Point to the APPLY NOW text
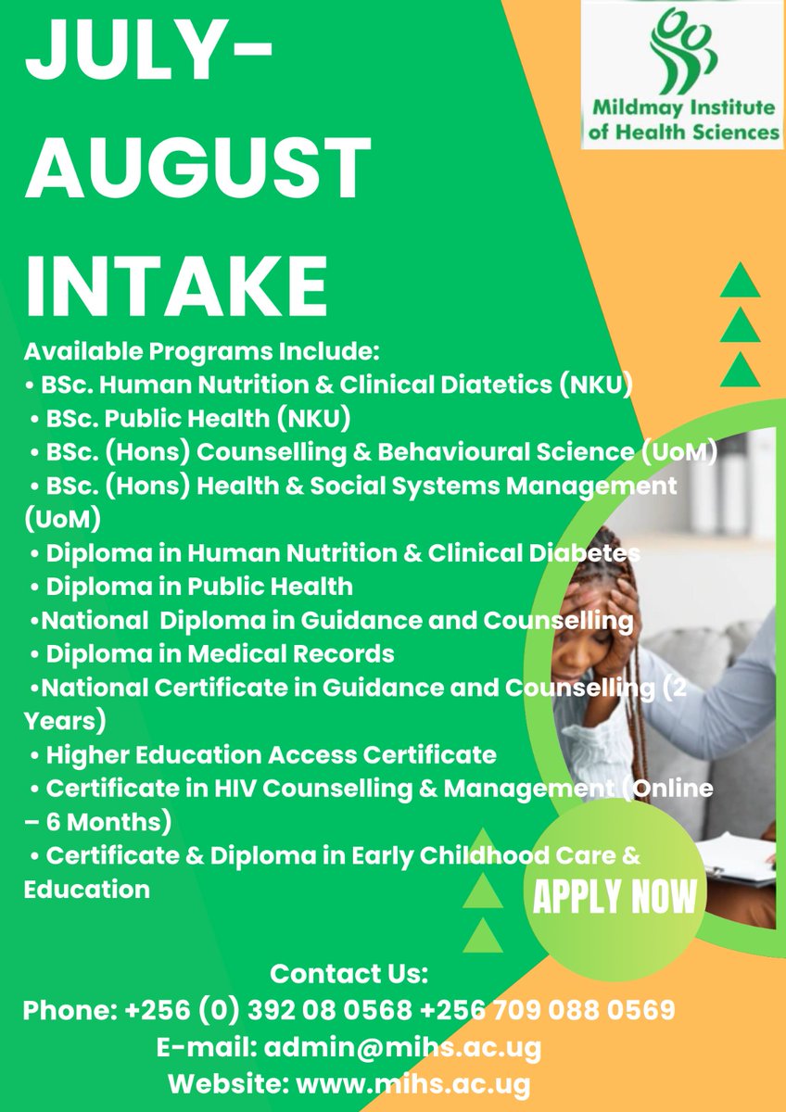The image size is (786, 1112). click(x=615, y=896)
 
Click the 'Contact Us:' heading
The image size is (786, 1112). click(x=349, y=974)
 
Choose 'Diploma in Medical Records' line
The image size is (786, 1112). click(x=220, y=654)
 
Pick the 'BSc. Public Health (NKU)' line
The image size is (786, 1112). click(x=197, y=418)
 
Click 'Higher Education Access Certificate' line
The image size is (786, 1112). click(x=271, y=755)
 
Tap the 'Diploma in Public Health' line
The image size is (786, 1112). click(x=199, y=586)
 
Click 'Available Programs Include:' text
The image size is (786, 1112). click(x=202, y=351)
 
